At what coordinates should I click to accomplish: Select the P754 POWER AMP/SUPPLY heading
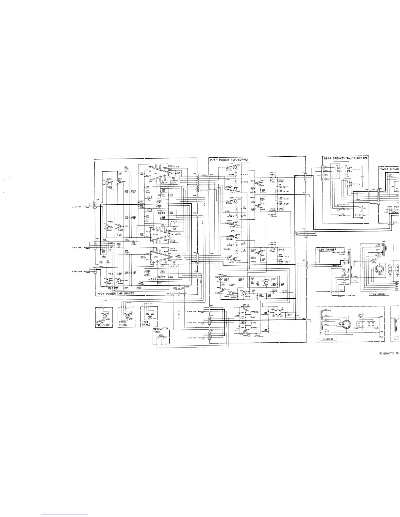[x=229, y=160]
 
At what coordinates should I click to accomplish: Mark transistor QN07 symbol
[x=258, y=183]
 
